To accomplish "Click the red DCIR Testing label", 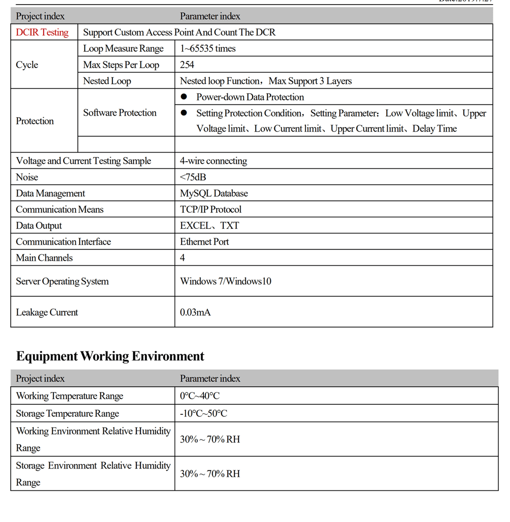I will point(42,32).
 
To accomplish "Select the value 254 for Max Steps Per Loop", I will point(187,65).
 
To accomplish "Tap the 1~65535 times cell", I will point(208,49).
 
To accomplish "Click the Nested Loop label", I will point(107,81).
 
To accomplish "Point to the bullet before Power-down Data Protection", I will point(184,97).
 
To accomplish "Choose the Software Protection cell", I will point(120,113).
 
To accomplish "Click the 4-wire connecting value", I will point(213,161).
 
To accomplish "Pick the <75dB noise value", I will point(193,177).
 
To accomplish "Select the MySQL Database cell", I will point(214,193).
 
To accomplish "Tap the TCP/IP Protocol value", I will point(211,209).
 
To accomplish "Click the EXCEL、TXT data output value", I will point(209,225).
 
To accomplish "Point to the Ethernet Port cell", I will point(204,242).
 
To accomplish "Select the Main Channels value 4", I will point(182,258).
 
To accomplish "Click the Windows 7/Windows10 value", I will point(225,281).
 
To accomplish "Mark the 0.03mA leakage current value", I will point(195,312).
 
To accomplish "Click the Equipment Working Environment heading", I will point(110,356).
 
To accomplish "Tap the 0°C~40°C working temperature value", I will point(200,396).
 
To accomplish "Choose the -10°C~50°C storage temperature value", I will point(204,413).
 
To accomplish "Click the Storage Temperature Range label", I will point(68,413).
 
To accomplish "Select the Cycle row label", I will point(27,65).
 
